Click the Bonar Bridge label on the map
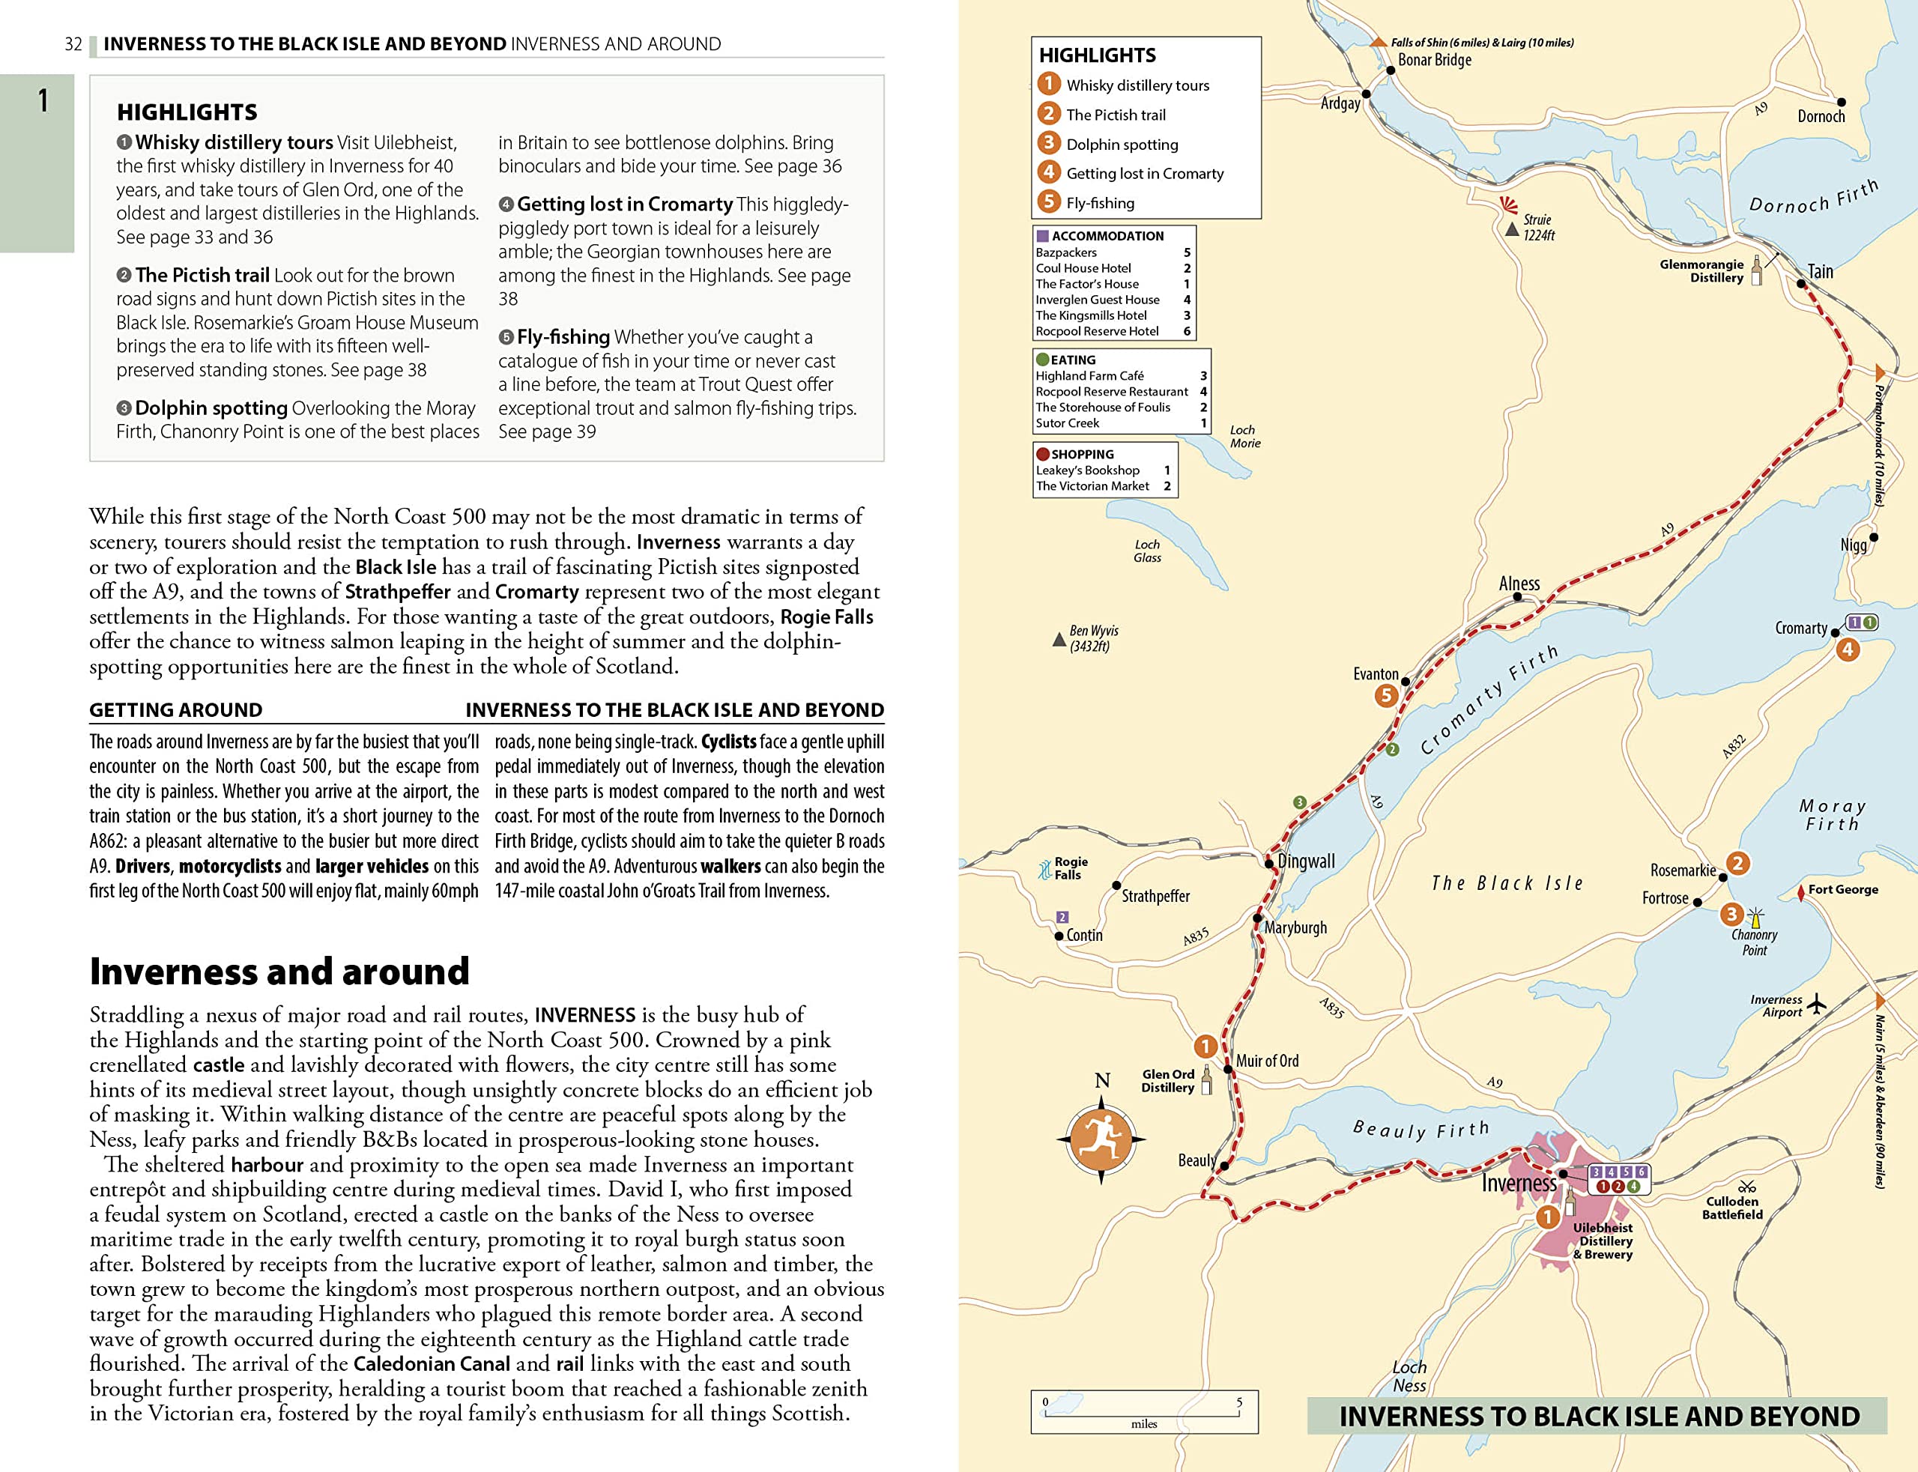(1434, 60)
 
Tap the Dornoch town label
(1821, 117)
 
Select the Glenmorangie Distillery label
(1701, 270)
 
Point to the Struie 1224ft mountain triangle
(1511, 229)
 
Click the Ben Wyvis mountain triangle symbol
(1059, 640)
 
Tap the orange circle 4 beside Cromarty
(1848, 649)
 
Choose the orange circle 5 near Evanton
(1385, 696)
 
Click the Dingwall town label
(1306, 861)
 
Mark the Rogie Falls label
(1071, 867)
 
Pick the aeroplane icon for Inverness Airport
(1818, 1002)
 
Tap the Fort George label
(1842, 889)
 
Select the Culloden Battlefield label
(1732, 1208)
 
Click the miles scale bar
(1143, 1411)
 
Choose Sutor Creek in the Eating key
(1067, 423)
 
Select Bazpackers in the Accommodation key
(1066, 252)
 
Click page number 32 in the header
(73, 43)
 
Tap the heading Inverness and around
(279, 971)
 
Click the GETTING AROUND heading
(176, 709)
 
